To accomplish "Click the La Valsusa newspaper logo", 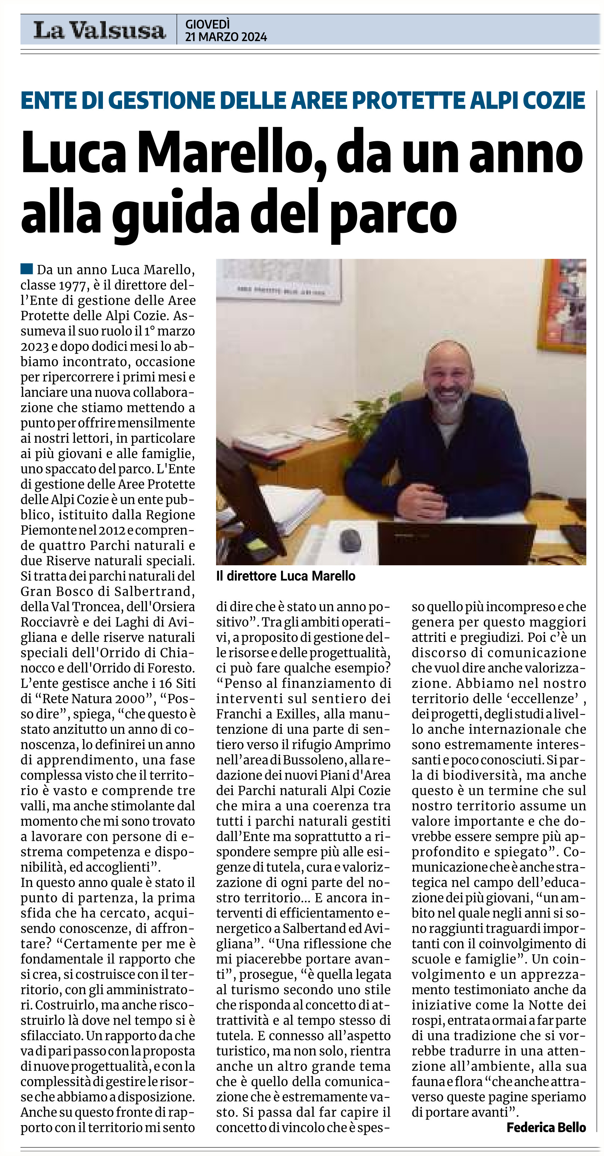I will click(x=99, y=31).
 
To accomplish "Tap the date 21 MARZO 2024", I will click(x=226, y=37).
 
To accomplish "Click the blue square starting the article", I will click(x=27, y=269).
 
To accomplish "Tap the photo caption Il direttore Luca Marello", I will click(x=285, y=576).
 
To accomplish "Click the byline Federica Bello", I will click(x=546, y=1127).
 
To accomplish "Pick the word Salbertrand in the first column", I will click(x=158, y=591).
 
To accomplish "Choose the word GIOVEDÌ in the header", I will click(x=207, y=24).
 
